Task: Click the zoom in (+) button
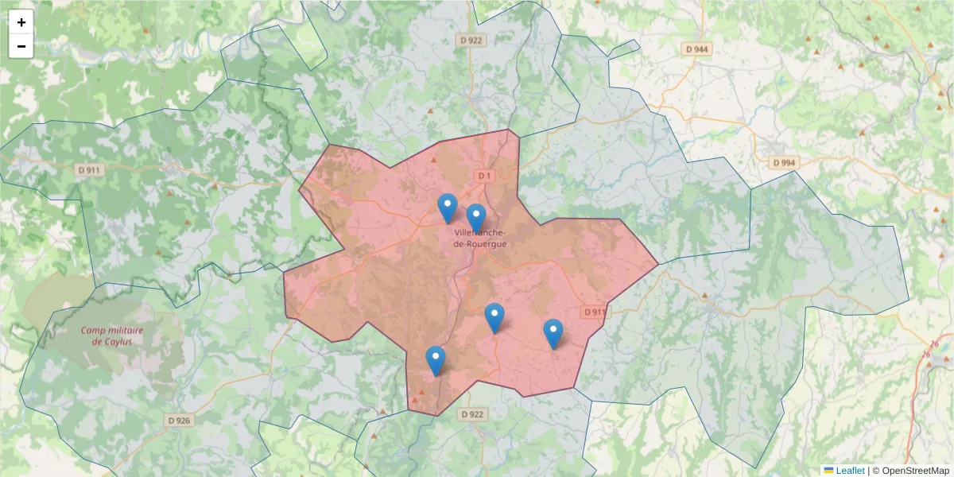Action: point(21,22)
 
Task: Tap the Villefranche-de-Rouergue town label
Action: point(479,238)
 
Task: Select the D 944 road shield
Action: point(696,49)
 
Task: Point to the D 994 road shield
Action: point(783,163)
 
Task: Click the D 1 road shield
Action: point(485,175)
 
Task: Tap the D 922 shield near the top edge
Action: point(471,40)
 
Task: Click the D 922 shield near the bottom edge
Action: point(471,414)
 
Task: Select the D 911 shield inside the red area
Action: point(594,312)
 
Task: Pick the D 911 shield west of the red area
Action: point(89,170)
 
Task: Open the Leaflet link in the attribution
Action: point(850,471)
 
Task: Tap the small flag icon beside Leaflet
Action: point(828,471)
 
